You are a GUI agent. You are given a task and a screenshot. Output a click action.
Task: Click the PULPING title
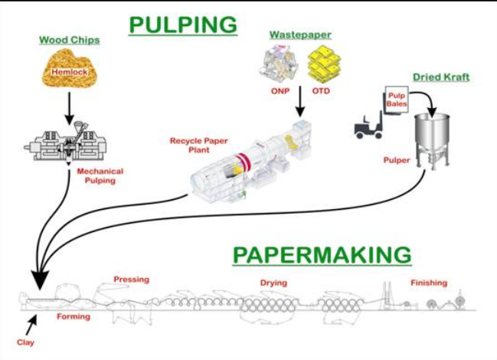pyautogui.click(x=183, y=25)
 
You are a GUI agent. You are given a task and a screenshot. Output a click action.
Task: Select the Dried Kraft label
pyautogui.click(x=441, y=77)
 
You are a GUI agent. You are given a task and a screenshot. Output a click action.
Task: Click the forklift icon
pyautogui.click(x=369, y=124)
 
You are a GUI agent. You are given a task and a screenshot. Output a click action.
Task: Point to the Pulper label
pyautogui.click(x=397, y=162)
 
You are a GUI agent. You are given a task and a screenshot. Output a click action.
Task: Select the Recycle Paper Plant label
pyautogui.click(x=195, y=146)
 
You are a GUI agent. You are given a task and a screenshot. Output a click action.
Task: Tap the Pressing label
pyautogui.click(x=131, y=280)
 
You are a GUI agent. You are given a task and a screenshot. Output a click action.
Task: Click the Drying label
pyautogui.click(x=273, y=283)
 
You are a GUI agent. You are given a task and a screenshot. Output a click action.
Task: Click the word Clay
pyautogui.click(x=25, y=342)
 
